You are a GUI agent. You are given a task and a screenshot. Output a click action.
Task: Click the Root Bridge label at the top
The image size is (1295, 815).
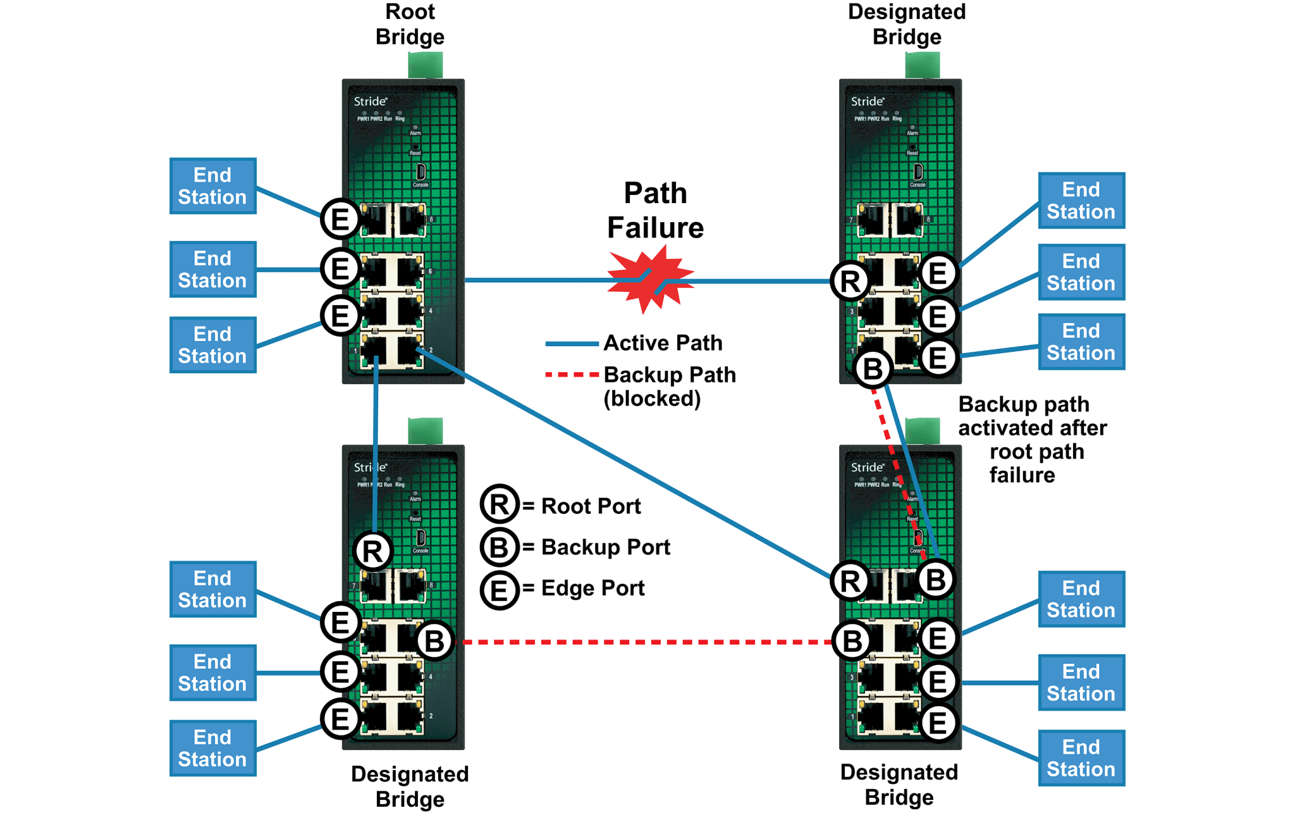(410, 24)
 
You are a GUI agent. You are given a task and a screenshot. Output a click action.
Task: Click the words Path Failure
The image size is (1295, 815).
(655, 210)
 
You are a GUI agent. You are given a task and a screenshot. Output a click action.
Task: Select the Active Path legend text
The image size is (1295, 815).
(663, 343)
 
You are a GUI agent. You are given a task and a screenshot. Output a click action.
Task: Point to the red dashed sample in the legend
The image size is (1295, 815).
(572, 375)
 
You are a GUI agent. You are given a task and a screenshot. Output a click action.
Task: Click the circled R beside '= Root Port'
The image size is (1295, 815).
(500, 505)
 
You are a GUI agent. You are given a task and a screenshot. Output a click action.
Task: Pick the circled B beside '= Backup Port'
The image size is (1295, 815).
(500, 547)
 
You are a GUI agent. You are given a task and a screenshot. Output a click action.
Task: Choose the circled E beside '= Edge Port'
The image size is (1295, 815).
(500, 589)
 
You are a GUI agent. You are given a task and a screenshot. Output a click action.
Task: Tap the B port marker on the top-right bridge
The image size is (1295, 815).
(873, 368)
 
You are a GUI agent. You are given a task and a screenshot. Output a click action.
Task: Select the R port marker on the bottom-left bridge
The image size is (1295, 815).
(373, 551)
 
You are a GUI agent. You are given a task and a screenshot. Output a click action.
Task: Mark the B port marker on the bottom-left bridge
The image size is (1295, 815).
(435, 641)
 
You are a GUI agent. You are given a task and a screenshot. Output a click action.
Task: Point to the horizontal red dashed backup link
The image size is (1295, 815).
(645, 642)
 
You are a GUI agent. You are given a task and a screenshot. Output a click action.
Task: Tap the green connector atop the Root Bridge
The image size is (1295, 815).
(425, 66)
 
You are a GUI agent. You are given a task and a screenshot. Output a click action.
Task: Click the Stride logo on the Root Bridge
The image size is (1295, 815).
(370, 101)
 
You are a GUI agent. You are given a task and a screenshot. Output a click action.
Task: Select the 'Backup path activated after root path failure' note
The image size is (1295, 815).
(1032, 439)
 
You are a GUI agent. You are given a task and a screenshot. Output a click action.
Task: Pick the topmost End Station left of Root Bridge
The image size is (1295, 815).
(212, 186)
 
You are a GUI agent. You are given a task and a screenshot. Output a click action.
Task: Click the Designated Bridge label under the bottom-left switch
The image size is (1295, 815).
(410, 786)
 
